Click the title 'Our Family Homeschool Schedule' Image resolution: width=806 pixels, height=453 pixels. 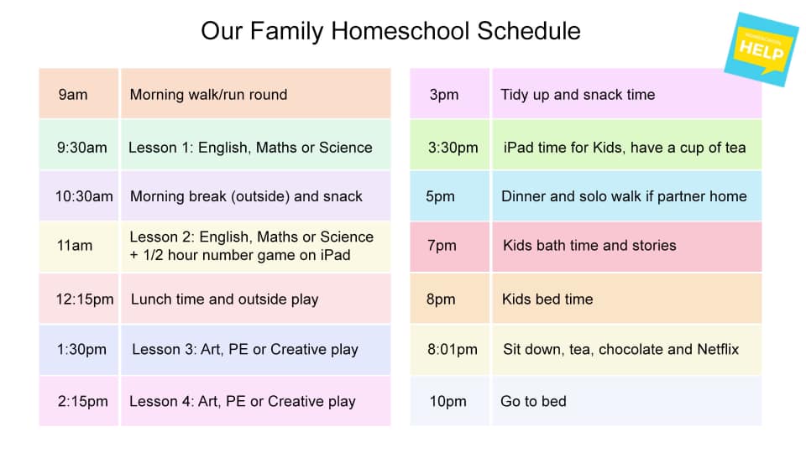click(390, 31)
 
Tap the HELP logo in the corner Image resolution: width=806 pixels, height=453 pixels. click(761, 49)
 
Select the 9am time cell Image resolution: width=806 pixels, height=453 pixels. click(73, 95)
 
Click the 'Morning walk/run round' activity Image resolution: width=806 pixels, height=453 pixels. click(208, 95)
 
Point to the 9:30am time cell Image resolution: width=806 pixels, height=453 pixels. click(82, 148)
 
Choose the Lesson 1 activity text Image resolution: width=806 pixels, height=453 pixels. click(250, 148)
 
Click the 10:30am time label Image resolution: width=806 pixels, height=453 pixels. click(84, 196)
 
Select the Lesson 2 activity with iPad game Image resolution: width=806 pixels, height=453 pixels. click(251, 246)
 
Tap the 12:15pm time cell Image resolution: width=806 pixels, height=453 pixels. click(83, 299)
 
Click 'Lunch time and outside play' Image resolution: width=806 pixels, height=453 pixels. click(224, 299)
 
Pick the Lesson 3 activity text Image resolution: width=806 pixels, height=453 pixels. click(244, 349)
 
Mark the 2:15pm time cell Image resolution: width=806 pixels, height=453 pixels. click(83, 402)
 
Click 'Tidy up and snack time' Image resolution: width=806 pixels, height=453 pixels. click(578, 95)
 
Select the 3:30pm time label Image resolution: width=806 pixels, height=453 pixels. click(453, 148)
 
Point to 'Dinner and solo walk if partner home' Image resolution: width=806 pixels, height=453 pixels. click(624, 196)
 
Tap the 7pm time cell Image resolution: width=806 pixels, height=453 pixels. click(442, 246)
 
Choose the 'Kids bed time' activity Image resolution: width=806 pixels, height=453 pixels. click(547, 299)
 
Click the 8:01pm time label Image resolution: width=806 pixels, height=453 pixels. click(453, 349)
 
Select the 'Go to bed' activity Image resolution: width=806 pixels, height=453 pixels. click(533, 402)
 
